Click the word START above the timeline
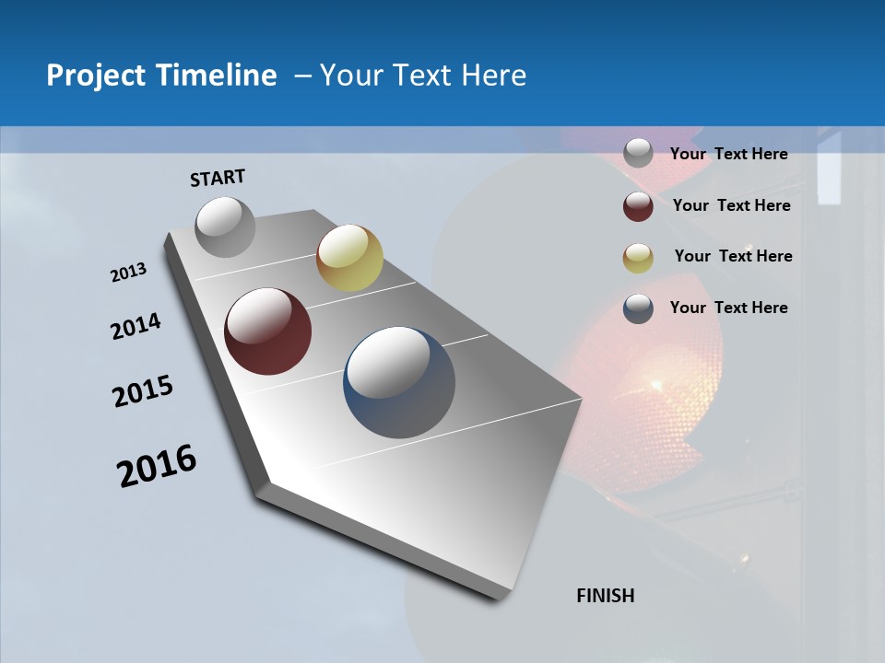pyautogui.click(x=218, y=178)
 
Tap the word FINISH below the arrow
pyautogui.click(x=606, y=596)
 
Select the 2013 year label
pyautogui.click(x=129, y=273)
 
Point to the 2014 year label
pyautogui.click(x=136, y=327)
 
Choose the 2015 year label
pyautogui.click(x=143, y=391)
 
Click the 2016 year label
pyautogui.click(x=157, y=466)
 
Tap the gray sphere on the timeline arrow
pyautogui.click(x=226, y=227)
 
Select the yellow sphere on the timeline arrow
pyautogui.click(x=349, y=257)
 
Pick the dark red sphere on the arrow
pyautogui.click(x=268, y=331)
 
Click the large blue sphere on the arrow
pyautogui.click(x=399, y=382)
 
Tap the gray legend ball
pyautogui.click(x=638, y=153)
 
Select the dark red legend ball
pyautogui.click(x=638, y=206)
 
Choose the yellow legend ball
pyautogui.click(x=638, y=257)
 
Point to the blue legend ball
pyautogui.click(x=638, y=308)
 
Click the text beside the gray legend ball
pyautogui.click(x=728, y=154)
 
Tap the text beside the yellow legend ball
pyautogui.click(x=733, y=256)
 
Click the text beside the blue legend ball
pyautogui.click(x=728, y=308)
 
